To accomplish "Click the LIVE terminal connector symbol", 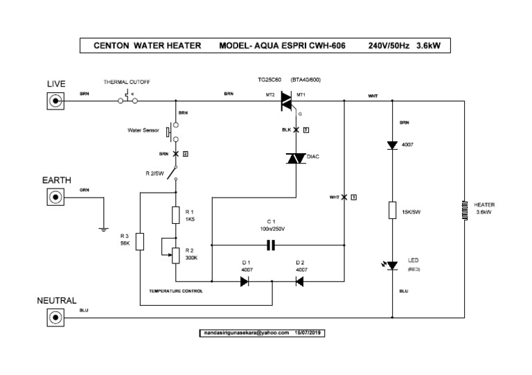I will point(55,101).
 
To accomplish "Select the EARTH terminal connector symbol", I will point(55,198).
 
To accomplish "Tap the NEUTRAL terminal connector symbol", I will point(55,317).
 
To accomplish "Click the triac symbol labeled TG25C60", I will point(286,102).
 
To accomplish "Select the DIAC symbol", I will point(296,158).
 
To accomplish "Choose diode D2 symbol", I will point(299,281).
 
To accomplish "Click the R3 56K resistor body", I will point(140,242).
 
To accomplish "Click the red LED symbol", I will point(393,265).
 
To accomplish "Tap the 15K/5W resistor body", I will point(393,211).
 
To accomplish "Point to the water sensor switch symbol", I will point(171,131).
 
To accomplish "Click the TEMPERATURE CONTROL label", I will point(176,291).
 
